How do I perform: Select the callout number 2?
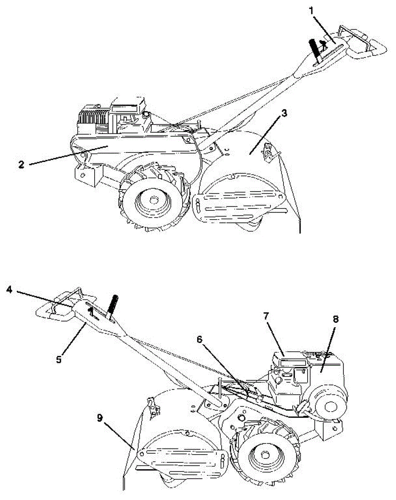[x=21, y=164]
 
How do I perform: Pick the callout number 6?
[x=200, y=339]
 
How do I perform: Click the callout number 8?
[x=336, y=320]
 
